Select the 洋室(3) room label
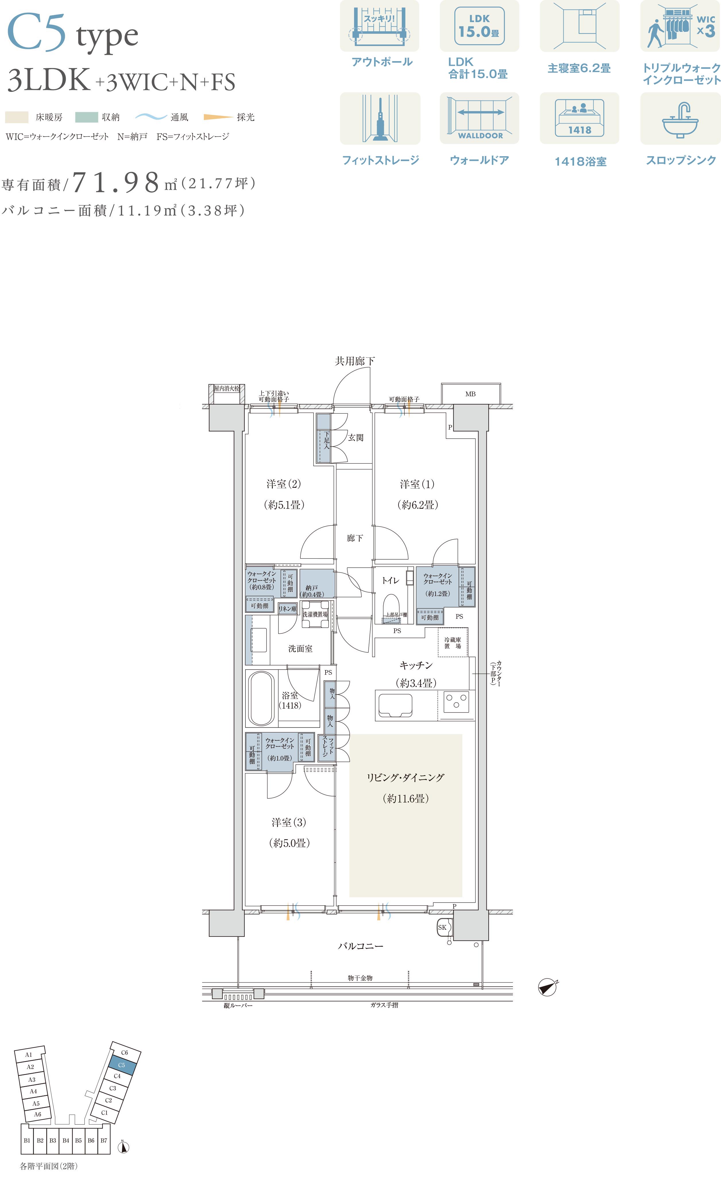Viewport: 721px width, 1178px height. point(289,822)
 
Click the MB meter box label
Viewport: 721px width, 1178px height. point(470,394)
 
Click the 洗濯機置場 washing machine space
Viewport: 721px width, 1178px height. point(315,614)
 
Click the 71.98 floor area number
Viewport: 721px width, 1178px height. point(117,182)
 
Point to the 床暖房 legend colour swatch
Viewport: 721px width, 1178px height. point(17,117)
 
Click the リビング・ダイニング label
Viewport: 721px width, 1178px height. point(405,777)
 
